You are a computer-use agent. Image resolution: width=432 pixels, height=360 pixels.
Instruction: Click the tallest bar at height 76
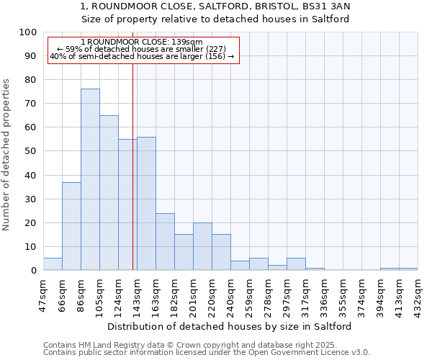pos(90,179)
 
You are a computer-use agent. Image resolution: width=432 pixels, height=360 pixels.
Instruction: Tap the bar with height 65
pos(109,192)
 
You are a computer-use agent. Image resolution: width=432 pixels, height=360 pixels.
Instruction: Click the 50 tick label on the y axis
pos(31,151)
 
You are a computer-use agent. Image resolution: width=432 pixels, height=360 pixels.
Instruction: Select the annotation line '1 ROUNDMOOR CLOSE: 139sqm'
pos(142,42)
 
